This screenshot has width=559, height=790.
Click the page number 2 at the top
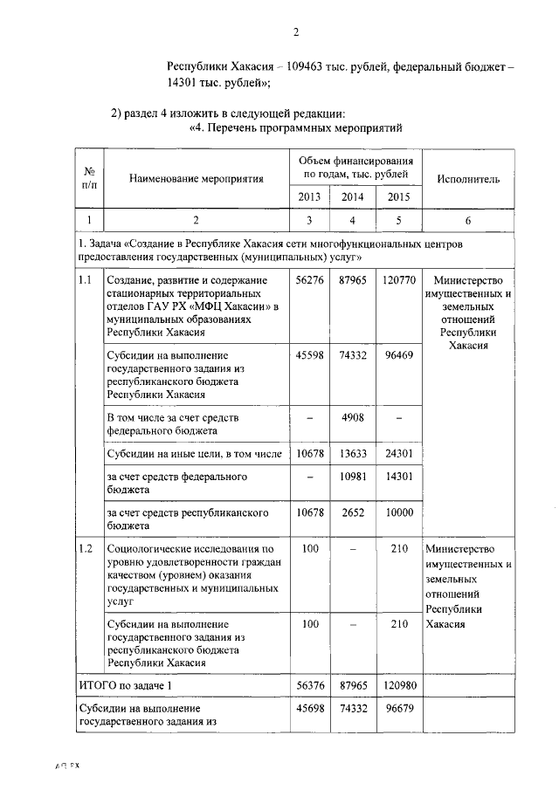[296, 32]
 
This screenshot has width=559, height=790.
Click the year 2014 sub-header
[352, 196]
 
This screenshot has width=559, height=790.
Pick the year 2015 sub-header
[397, 196]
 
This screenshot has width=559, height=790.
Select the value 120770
[397, 281]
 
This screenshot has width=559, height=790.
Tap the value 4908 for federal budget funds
[352, 418]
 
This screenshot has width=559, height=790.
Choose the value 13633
[352, 454]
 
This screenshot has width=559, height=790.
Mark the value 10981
[352, 477]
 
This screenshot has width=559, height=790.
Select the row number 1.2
[86, 549]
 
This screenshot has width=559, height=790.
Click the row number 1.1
[86, 281]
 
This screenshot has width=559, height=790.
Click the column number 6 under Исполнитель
[470, 220]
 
